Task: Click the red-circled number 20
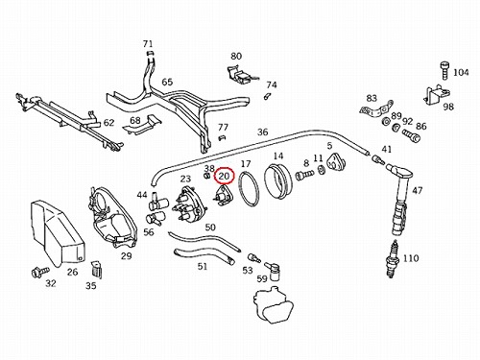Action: coord(224,176)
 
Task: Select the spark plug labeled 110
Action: coord(394,258)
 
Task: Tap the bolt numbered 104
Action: coord(444,70)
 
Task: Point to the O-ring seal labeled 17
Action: coord(250,189)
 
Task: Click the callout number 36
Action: coord(262,132)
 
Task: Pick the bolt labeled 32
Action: coord(39,272)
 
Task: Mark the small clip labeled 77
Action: coord(222,138)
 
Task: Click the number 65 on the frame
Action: coord(167,82)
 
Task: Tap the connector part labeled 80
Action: coord(241,75)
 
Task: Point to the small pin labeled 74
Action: coord(267,96)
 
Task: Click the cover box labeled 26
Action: coord(57,233)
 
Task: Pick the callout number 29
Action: coord(126,255)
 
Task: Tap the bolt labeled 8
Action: coord(303,175)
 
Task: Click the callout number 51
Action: coord(203,266)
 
